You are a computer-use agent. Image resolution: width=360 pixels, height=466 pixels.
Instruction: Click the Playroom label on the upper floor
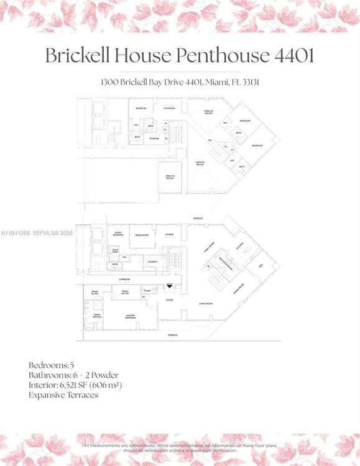168,109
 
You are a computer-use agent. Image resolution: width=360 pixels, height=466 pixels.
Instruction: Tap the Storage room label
154,139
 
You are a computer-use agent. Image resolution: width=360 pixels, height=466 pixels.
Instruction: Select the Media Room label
142,235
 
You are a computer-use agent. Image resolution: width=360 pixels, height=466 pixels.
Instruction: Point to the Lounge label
168,235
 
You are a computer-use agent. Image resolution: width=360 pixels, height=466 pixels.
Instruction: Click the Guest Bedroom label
118,235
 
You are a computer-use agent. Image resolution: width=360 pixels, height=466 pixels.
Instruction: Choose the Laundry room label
153,262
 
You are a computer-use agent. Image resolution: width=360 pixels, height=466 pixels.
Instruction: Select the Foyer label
169,300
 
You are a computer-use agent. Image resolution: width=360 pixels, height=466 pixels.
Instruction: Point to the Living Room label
206,303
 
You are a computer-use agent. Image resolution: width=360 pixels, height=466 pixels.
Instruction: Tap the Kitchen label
241,245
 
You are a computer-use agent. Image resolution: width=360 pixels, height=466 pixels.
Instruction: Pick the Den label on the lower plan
261,265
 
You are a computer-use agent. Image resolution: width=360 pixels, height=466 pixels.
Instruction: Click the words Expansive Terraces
63,395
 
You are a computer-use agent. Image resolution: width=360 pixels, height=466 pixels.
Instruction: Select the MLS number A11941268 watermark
17,233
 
